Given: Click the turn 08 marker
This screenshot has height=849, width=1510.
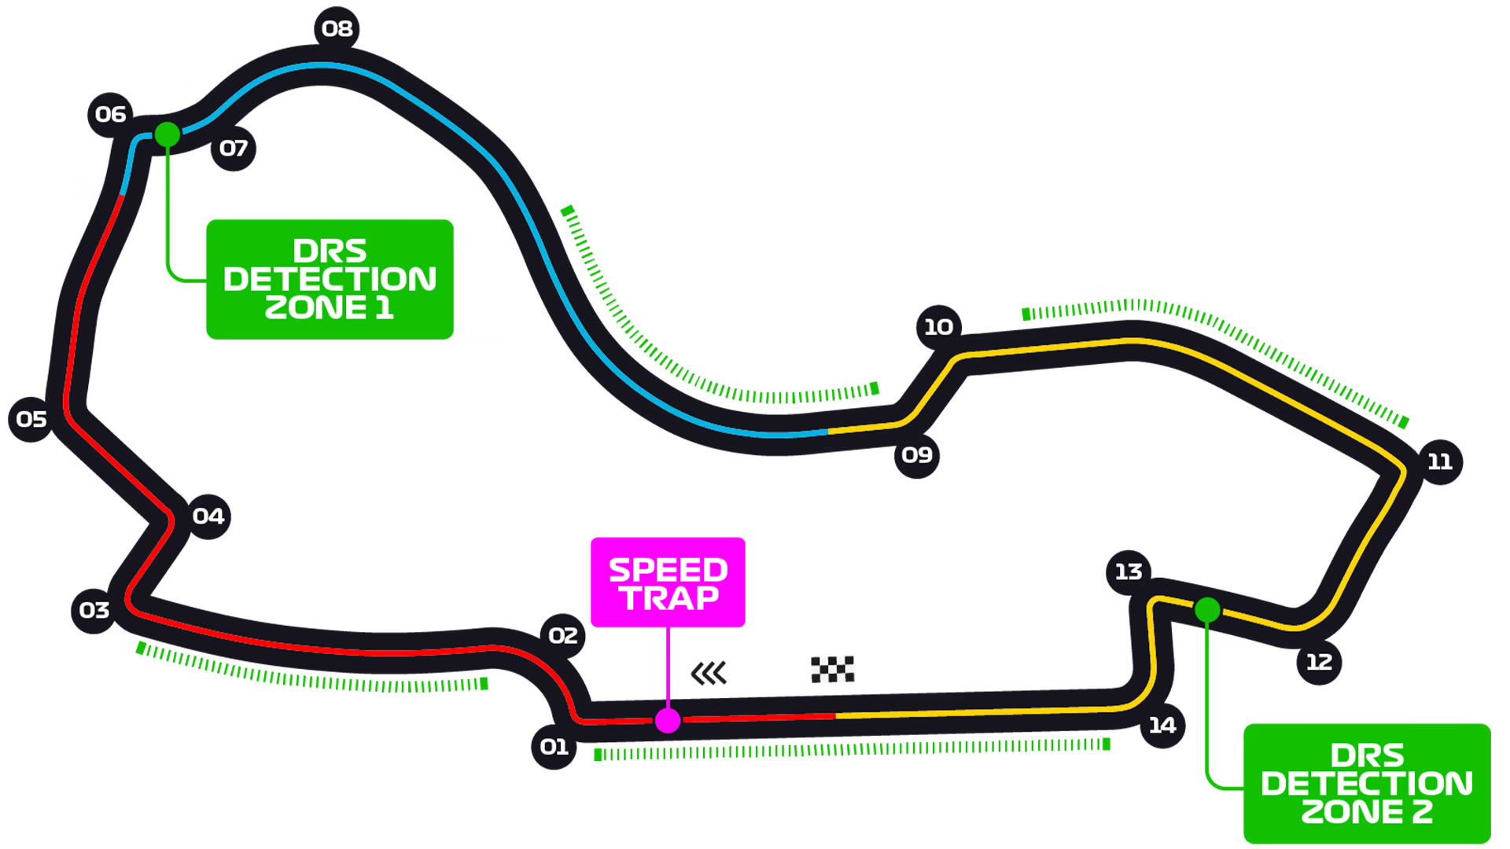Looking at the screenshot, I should pyautogui.click(x=337, y=29).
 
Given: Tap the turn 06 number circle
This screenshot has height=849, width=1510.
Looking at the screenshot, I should pyautogui.click(x=110, y=115).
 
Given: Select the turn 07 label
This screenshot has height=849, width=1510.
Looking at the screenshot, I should pyautogui.click(x=234, y=149).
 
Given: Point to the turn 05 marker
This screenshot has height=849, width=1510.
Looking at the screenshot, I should pyautogui.click(x=31, y=420).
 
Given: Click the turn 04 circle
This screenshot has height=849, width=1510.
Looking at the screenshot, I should pyautogui.click(x=208, y=516).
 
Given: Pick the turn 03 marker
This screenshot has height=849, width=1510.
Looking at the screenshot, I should pyautogui.click(x=94, y=611).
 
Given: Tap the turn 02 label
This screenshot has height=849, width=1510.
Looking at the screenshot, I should pyautogui.click(x=562, y=636).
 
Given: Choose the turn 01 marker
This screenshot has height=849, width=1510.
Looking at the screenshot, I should pyautogui.click(x=554, y=747).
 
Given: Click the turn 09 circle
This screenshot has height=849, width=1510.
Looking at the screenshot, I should pyautogui.click(x=916, y=455).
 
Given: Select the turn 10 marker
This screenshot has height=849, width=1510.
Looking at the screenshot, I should pyautogui.click(x=938, y=327).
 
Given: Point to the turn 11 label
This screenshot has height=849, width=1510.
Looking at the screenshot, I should pyautogui.click(x=1440, y=462).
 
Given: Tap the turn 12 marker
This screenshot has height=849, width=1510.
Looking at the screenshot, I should pyautogui.click(x=1319, y=663).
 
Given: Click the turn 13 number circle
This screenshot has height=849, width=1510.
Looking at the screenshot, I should pyautogui.click(x=1129, y=572).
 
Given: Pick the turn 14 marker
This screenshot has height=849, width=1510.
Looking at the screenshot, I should pyautogui.click(x=1162, y=726).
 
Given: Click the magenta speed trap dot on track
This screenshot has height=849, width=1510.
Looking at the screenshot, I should pyautogui.click(x=668, y=720).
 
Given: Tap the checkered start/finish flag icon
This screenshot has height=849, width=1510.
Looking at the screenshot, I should pyautogui.click(x=832, y=670).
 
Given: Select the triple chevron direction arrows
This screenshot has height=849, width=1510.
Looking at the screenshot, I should pyautogui.click(x=709, y=674).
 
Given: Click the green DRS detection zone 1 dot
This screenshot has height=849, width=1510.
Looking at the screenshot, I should pyautogui.click(x=167, y=134).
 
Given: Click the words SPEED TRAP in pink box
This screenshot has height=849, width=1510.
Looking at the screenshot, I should pyautogui.click(x=668, y=583).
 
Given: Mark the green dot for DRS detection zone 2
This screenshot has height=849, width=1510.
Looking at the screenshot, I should pyautogui.click(x=1207, y=610).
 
